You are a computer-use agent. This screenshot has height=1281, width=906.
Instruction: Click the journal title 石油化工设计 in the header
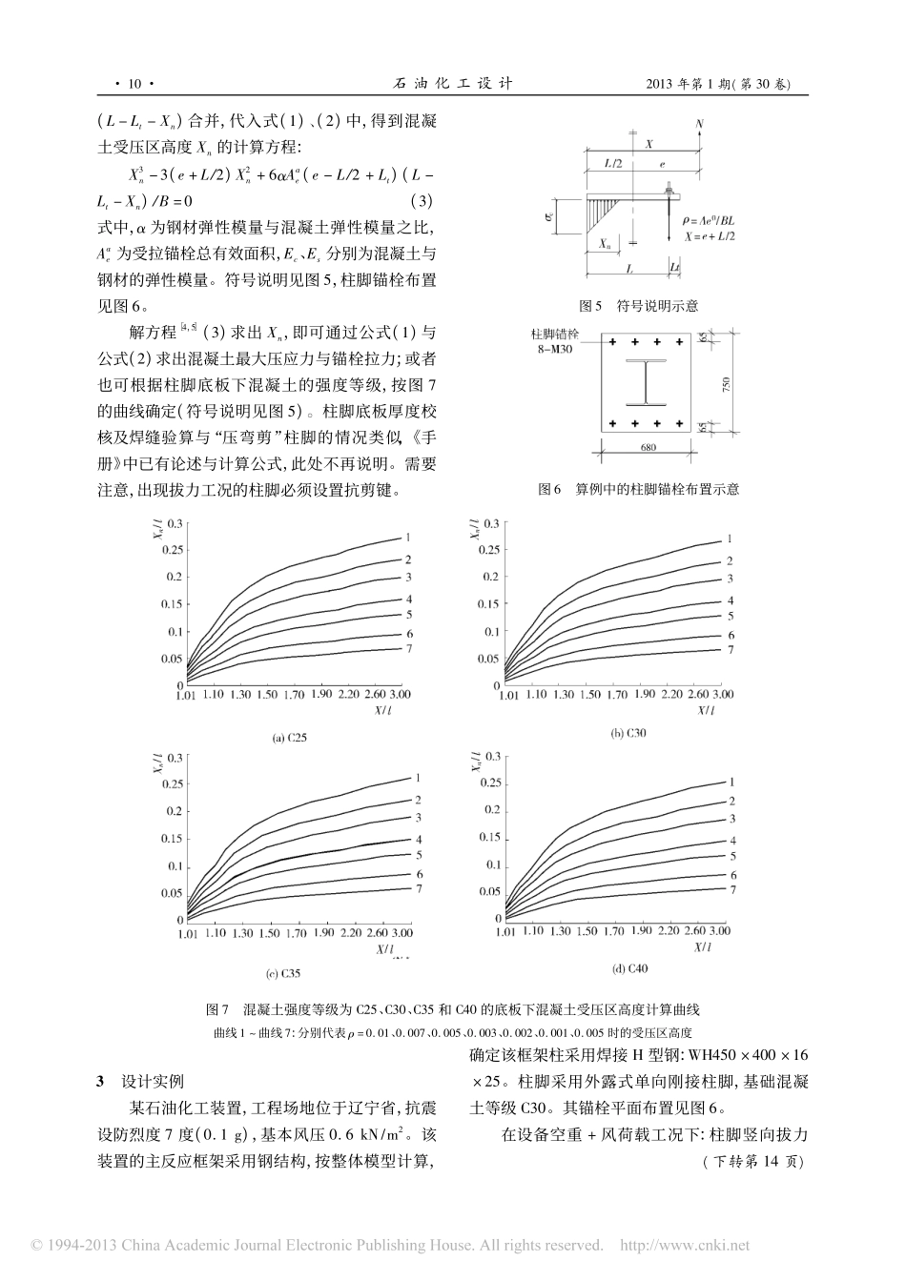[453, 83]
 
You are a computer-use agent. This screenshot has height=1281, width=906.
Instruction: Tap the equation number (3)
[422, 201]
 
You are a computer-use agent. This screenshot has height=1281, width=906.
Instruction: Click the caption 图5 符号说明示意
[638, 307]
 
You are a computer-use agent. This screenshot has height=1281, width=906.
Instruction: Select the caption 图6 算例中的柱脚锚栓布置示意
[638, 489]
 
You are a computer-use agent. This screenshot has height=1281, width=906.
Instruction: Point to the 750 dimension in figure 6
[726, 384]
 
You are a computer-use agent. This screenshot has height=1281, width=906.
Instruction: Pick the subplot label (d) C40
[629, 968]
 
